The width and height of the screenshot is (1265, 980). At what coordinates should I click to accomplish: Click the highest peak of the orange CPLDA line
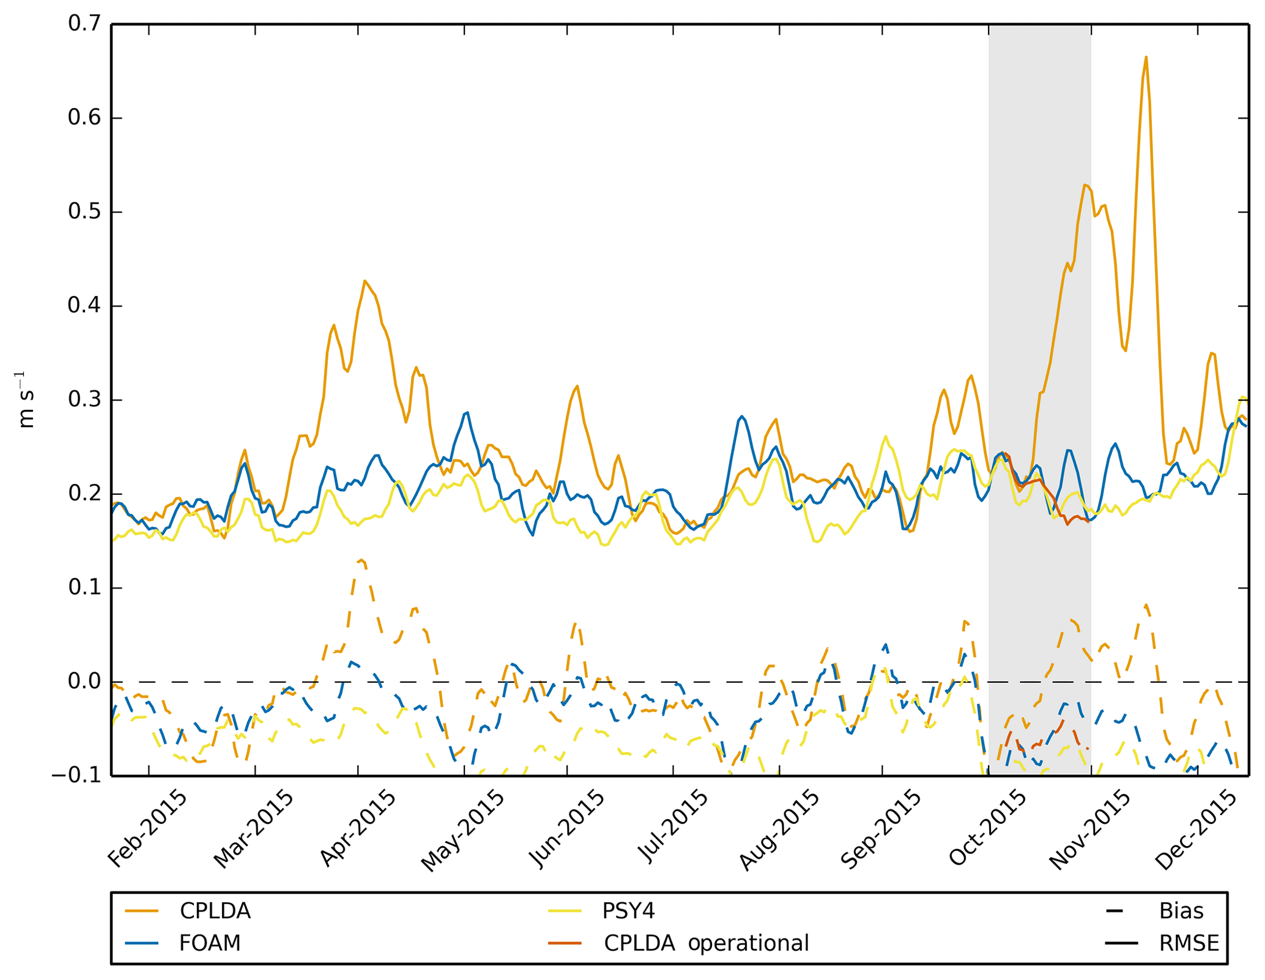click(x=1146, y=58)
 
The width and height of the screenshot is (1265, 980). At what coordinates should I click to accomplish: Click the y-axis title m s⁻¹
click(x=26, y=400)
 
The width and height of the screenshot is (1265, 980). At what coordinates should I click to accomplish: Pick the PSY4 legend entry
click(x=628, y=911)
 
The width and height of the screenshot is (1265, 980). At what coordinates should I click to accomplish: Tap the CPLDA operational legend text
click(x=706, y=943)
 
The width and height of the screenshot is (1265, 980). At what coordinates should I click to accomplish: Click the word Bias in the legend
click(x=1181, y=911)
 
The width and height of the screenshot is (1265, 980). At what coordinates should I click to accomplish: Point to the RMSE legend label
click(x=1189, y=943)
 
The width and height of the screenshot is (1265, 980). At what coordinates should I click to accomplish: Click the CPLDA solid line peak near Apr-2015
click(x=365, y=281)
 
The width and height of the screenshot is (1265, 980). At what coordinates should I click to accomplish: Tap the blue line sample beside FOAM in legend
click(x=141, y=943)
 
